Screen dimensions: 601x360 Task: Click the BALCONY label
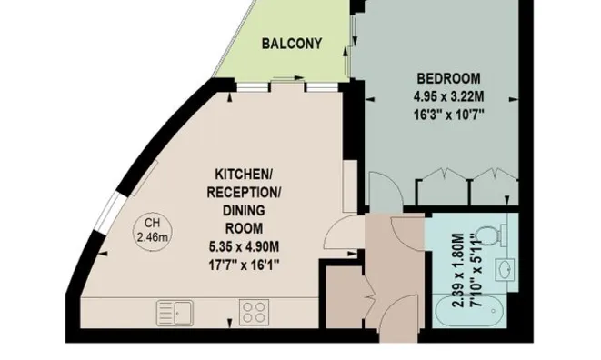(292, 44)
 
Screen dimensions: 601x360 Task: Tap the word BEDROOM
(448, 78)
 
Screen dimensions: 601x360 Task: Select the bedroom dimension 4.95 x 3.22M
(448, 96)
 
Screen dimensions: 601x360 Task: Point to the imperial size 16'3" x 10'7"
(448, 115)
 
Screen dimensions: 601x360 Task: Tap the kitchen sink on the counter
(175, 314)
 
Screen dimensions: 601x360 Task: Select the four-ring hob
(254, 313)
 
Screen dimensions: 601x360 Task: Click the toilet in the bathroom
(492, 234)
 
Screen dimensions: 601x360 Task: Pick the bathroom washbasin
(505, 269)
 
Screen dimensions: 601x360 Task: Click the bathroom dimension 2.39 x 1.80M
(458, 270)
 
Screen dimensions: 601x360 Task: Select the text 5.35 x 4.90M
(244, 246)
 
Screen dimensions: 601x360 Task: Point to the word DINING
(244, 211)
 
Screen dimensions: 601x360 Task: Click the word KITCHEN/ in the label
(244, 175)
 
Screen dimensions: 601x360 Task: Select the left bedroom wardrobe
(443, 187)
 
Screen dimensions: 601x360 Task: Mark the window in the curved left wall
(109, 213)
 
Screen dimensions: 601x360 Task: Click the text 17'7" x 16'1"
(244, 265)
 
